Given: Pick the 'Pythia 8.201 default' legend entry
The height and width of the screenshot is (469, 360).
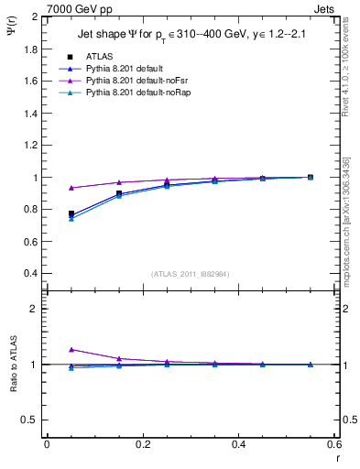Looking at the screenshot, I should point(124,69).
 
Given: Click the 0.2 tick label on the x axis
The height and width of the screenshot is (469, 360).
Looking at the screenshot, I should point(142,443).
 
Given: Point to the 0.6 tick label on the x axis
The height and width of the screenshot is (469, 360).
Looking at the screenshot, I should point(333,443).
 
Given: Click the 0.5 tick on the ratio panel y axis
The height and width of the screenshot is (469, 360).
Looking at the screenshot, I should point(31,420).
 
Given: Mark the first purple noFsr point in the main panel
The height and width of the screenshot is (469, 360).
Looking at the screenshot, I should point(71,188).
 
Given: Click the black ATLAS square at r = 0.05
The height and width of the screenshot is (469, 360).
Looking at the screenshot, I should point(71,213).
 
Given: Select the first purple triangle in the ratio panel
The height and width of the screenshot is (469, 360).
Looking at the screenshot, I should point(71,349).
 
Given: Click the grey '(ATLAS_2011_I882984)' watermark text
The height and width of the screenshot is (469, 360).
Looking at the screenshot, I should point(191,274).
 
